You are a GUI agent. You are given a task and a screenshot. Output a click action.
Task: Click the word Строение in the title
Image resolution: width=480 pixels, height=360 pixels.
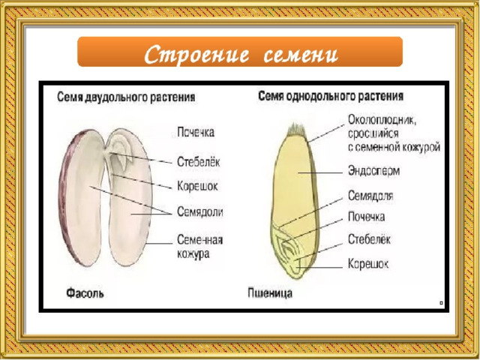point(196,54)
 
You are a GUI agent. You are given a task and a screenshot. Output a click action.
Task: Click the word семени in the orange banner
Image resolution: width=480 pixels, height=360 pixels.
point(301,55)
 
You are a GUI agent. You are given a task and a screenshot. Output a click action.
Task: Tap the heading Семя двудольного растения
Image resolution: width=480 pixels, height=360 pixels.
point(126,97)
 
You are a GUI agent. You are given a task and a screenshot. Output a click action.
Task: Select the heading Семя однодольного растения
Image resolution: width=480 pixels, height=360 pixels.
point(331,96)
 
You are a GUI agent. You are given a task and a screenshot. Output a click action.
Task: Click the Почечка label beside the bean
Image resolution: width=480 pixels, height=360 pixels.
point(196,132)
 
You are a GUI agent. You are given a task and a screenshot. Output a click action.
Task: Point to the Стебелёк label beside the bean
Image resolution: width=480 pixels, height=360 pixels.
point(198,162)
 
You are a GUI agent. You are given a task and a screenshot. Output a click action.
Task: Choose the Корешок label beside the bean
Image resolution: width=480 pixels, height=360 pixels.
point(197,186)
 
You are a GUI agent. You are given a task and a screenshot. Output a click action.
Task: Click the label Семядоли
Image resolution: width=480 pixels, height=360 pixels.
point(200,211)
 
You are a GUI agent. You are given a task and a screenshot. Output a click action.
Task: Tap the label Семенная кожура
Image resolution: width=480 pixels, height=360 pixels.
point(200,247)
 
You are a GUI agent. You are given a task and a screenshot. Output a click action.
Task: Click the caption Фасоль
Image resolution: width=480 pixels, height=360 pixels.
point(85,293)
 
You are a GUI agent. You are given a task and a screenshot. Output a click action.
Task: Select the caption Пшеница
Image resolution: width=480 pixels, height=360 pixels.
point(270,293)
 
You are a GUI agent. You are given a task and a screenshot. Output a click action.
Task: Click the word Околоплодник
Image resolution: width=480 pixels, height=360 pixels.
point(382,120)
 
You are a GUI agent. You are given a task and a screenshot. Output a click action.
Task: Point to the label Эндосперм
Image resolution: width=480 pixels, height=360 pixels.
point(373,171)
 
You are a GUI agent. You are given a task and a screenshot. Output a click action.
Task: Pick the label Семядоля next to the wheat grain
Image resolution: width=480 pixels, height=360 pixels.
point(370,196)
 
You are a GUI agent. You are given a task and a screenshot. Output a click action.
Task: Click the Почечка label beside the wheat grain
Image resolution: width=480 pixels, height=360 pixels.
point(367,217)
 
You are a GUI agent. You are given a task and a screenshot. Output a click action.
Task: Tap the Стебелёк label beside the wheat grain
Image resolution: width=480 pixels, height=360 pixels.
point(369,239)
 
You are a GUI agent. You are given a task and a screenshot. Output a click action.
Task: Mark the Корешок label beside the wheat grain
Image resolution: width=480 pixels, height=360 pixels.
point(368,263)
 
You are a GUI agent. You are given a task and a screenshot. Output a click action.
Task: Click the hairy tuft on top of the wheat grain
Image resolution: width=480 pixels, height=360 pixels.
point(296,130)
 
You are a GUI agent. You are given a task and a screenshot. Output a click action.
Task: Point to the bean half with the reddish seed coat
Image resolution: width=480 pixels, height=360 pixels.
point(81,197)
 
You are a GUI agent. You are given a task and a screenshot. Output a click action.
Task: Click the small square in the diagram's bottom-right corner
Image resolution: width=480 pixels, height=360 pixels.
point(441,303)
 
